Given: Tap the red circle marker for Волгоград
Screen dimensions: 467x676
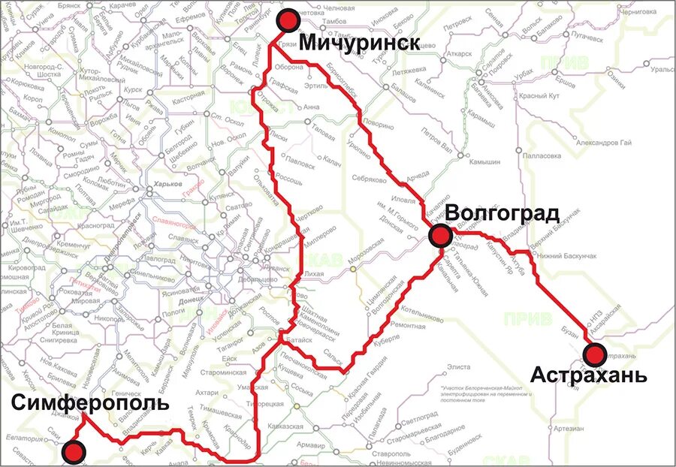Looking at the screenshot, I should pyautogui.click(x=440, y=237).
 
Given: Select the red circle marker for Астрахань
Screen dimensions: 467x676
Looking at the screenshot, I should pyautogui.click(x=596, y=354).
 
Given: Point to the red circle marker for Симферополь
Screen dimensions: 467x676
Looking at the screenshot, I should pyautogui.click(x=74, y=452).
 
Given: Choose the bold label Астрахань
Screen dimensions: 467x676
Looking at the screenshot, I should pyautogui.click(x=588, y=375).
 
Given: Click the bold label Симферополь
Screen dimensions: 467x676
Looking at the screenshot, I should pyautogui.click(x=90, y=404).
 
